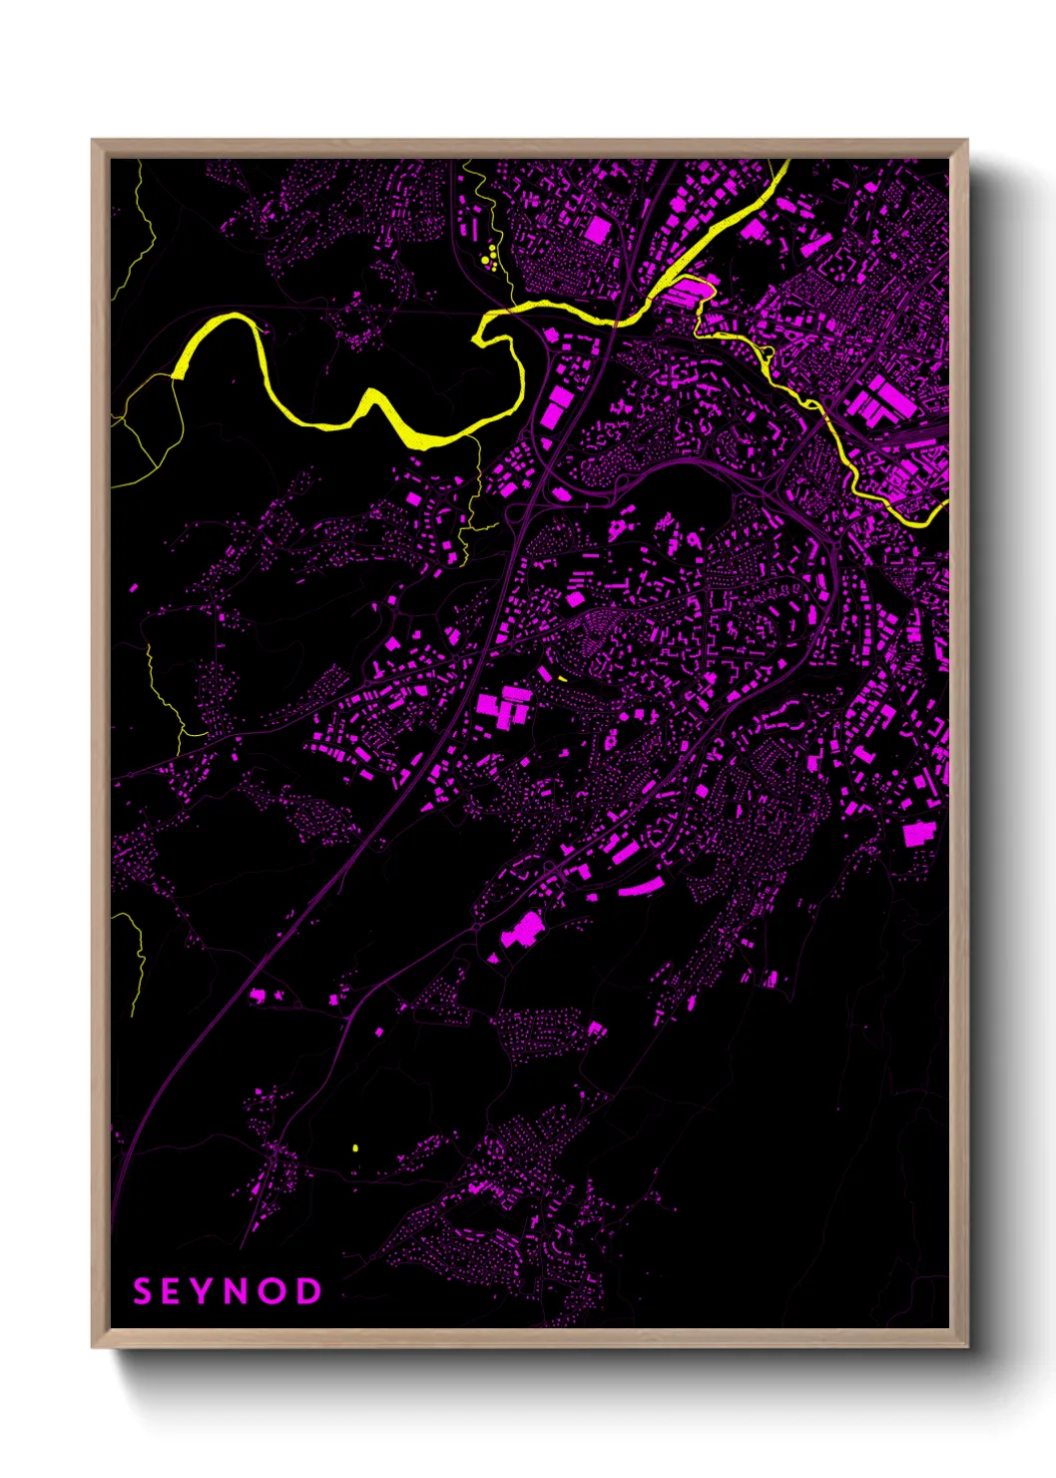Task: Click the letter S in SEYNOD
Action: (143, 1291)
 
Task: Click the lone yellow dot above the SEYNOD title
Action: (355, 1148)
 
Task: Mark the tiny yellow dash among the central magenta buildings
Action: (563, 679)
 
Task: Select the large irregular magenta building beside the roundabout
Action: (522, 930)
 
